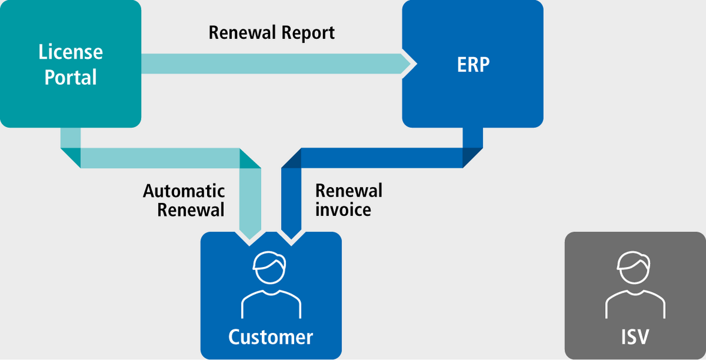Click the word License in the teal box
coord(71,53)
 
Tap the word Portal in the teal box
coord(71,77)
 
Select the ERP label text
coord(473,66)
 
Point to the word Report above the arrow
coord(307,34)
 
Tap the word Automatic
coord(184,191)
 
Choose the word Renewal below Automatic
coord(191,210)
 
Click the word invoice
coord(343,210)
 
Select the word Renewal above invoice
coord(349,191)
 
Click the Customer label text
coord(271,337)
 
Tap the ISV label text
coord(635,337)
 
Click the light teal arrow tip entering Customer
coord(250,238)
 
